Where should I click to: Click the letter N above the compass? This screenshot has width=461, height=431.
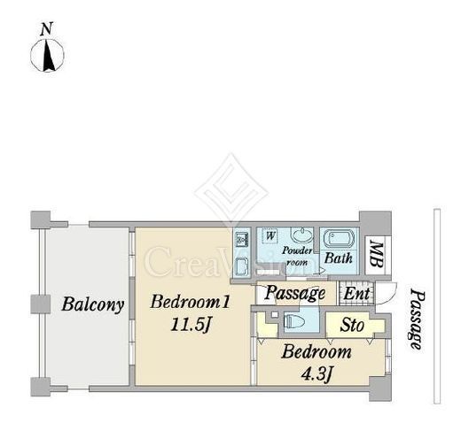pos(47,29)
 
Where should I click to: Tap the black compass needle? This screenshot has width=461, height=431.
pos(49,55)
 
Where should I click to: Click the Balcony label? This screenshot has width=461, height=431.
pos(93,304)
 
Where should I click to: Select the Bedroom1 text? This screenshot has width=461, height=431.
pos(190,302)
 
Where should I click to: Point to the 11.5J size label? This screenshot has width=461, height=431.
pos(191,326)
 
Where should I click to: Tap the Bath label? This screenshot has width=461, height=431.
pos(339,258)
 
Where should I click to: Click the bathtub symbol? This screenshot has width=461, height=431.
pos(339,239)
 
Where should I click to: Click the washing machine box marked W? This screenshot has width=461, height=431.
pos(270,236)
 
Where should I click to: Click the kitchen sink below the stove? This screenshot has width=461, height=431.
pos(242,266)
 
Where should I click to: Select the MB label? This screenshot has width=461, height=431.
pos(377,255)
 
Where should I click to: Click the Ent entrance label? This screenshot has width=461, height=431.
pos(356,294)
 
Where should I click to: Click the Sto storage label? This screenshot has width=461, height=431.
pos(352,326)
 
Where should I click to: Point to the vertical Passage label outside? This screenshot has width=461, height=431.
pos(416,319)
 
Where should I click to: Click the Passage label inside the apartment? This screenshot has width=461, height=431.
pos(294,294)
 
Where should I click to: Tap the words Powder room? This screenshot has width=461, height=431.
pos(297,257)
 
